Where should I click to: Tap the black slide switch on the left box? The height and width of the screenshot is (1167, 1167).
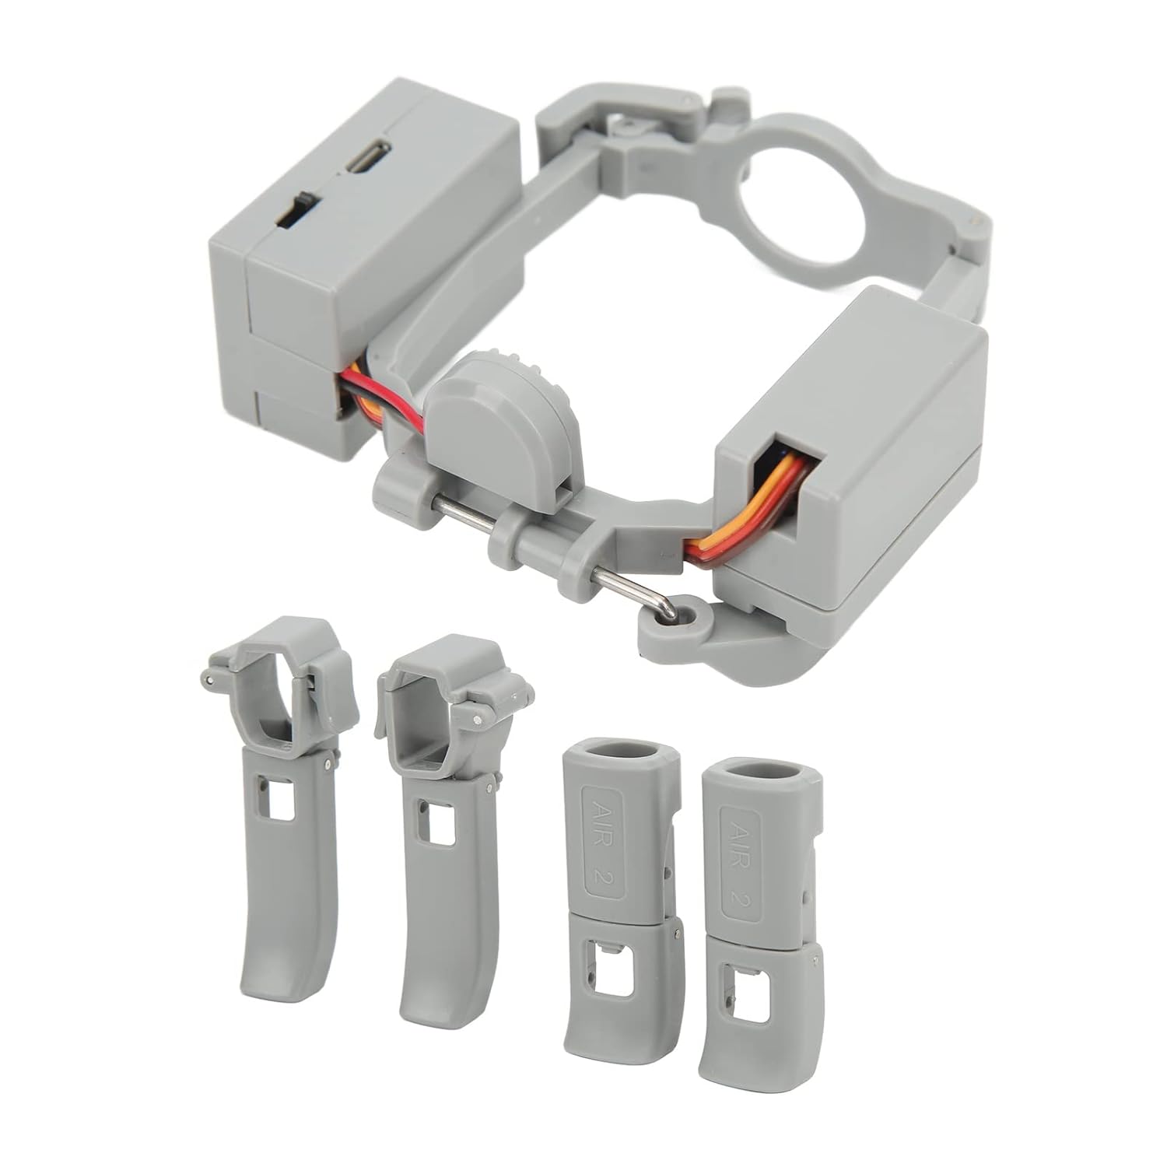(x=297, y=210)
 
